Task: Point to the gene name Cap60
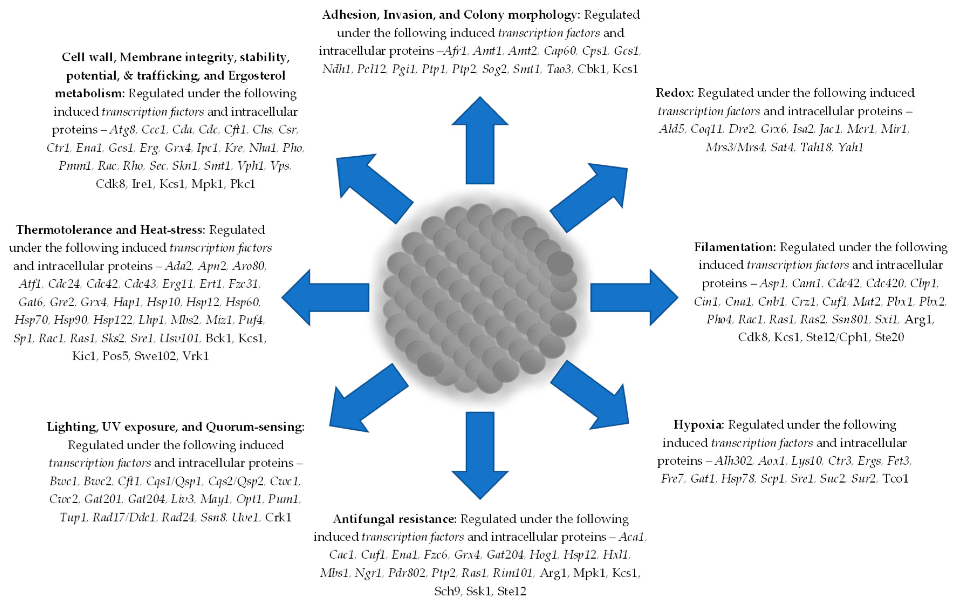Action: pos(560,51)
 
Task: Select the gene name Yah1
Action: pos(850,147)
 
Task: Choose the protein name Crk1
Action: pos(278,517)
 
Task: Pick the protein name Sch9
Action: pos(447,591)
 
